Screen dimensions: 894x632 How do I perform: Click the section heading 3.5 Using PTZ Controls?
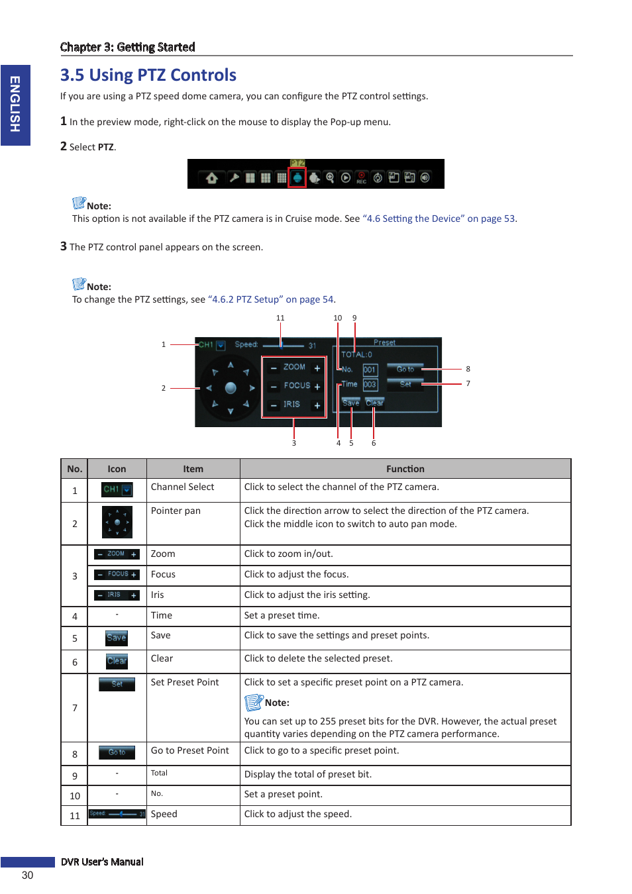point(148,75)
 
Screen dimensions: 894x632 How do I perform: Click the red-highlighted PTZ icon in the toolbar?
point(297,177)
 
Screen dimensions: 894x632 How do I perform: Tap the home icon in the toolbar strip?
point(212,177)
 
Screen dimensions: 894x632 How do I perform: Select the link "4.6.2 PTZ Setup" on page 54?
point(271,299)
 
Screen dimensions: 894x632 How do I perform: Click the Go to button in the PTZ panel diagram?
point(405,369)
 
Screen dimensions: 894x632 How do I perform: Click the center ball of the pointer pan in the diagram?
point(231,388)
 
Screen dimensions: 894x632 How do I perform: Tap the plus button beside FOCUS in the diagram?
point(317,386)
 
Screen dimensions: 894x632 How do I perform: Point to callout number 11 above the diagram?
point(280,318)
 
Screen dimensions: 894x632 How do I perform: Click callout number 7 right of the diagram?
point(468,383)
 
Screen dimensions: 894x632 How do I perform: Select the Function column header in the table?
point(405,469)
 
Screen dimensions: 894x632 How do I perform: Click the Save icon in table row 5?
point(117,638)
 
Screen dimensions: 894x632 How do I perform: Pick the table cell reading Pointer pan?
point(176,511)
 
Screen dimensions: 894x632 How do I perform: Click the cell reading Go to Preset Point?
point(189,750)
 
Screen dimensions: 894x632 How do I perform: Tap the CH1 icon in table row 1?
point(117,489)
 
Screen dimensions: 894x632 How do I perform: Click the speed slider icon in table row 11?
point(117,814)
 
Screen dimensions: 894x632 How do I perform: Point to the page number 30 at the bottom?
point(27,875)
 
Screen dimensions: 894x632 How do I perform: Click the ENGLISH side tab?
point(15,105)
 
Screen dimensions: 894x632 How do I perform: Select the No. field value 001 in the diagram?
point(370,370)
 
